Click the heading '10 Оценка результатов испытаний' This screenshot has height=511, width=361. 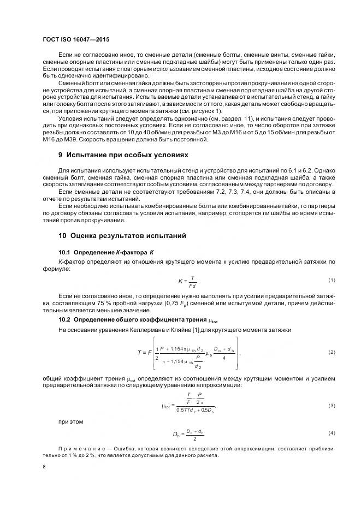(x=122, y=236)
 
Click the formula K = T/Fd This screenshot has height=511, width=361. (x=189, y=281)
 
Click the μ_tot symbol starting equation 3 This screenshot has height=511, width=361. (x=167, y=405)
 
